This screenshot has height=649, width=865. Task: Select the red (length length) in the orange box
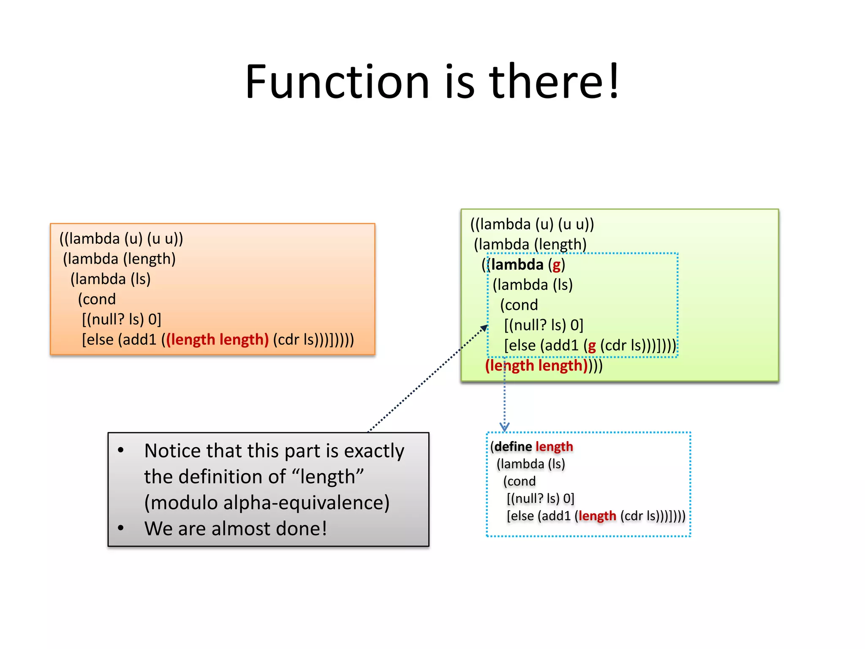point(217,340)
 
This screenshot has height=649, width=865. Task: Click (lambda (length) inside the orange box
point(119,259)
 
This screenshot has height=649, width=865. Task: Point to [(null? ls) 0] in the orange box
point(122,319)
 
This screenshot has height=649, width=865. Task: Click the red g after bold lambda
point(557,265)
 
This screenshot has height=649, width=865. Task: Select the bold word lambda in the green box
point(517,265)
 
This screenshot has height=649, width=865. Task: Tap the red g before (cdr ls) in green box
point(592,346)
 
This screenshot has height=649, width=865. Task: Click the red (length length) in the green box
point(536,365)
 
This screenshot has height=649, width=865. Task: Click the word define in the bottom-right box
point(513,447)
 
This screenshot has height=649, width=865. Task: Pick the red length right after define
point(554,447)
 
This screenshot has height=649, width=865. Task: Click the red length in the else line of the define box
point(597,516)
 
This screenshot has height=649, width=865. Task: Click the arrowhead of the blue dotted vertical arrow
point(504,427)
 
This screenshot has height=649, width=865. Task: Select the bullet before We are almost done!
point(121,528)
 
